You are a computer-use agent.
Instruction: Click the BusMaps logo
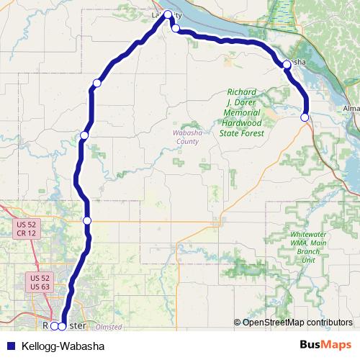[x=324, y=346]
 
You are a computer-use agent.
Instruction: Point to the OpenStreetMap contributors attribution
[x=297, y=323]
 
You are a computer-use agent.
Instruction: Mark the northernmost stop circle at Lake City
[x=168, y=14]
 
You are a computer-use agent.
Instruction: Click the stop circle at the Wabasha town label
[x=287, y=65]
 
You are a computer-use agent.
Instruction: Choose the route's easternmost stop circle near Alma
[x=305, y=117]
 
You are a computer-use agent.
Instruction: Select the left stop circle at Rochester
[x=54, y=326]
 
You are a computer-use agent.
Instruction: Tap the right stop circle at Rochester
[x=63, y=326]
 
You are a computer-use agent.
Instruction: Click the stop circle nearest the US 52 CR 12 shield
[x=87, y=220]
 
